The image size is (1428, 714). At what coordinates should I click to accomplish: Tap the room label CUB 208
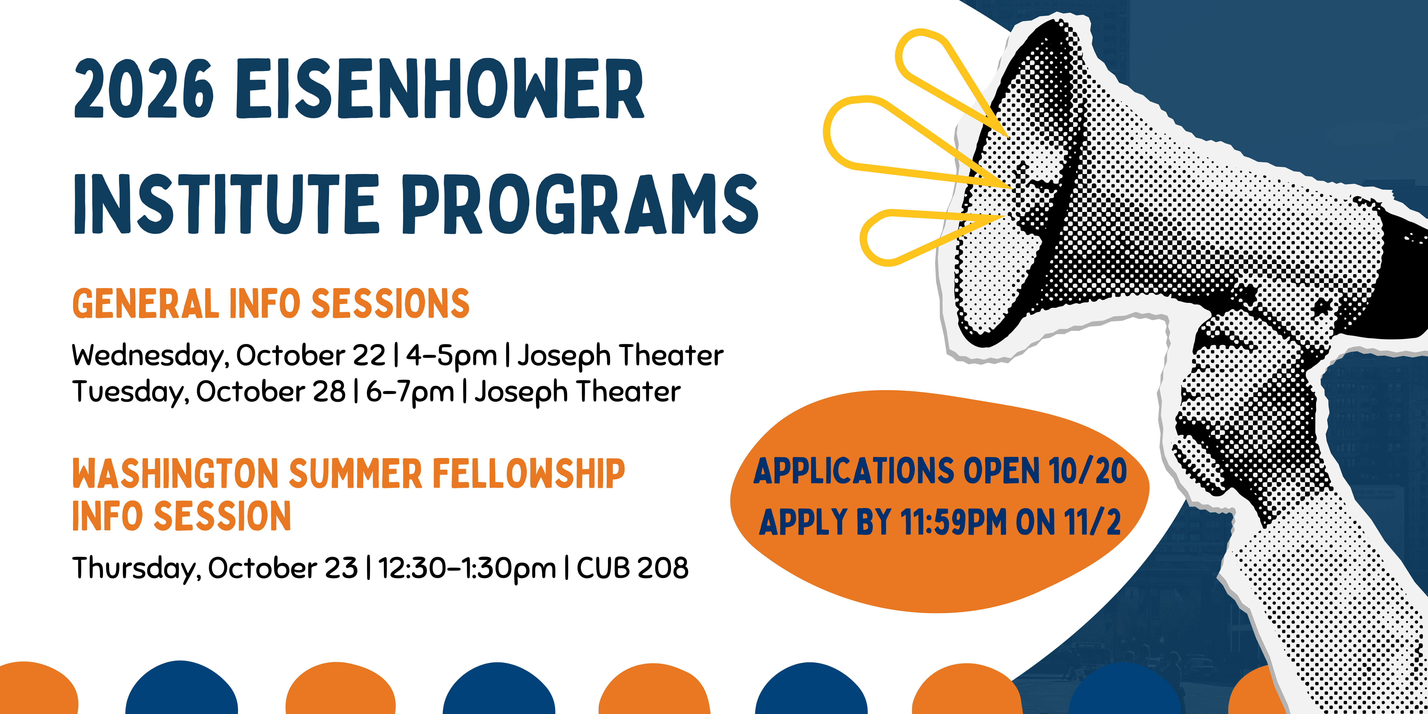[633, 568]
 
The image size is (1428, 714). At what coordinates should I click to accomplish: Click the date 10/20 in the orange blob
[1088, 471]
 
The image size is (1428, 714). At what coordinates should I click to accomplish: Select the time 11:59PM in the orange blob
[953, 522]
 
